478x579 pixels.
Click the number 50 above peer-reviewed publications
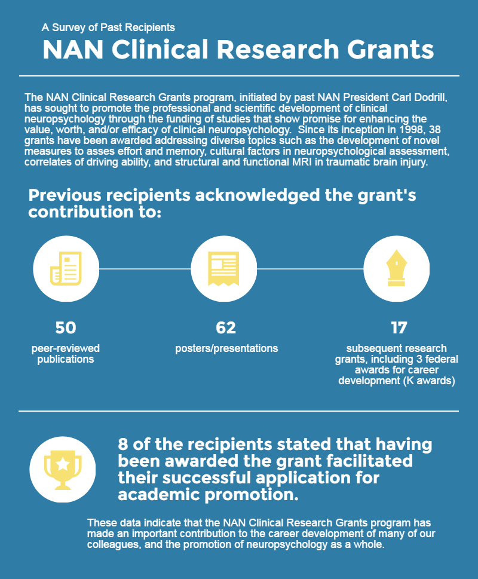pos(66,327)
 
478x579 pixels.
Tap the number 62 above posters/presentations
pos(226,327)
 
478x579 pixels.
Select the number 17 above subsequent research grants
pos(399,327)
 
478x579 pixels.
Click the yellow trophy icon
pos(63,470)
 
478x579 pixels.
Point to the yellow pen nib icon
pos(396,268)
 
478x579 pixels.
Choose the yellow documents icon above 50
pos(66,268)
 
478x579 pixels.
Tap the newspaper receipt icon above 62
pos(223,268)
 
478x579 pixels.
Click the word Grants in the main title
pos(391,50)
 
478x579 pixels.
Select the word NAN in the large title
pos(73,50)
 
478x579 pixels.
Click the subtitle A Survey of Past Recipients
pos(108,27)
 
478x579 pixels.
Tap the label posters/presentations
pos(226,348)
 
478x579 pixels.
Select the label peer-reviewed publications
pos(66,354)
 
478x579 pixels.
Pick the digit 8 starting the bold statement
pos(123,444)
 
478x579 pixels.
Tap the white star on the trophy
pos(63,464)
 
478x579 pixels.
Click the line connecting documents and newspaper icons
pos(145,269)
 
